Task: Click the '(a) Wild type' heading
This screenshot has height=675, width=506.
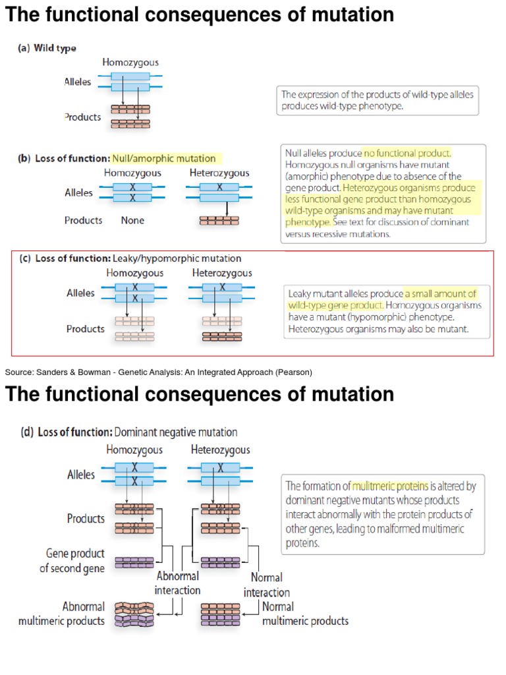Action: (47, 48)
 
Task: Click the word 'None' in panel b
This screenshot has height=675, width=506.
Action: (132, 221)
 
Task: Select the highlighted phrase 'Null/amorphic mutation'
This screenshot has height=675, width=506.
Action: (163, 158)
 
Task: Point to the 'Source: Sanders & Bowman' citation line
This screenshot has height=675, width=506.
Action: (158, 372)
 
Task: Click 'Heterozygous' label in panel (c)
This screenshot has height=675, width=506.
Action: (222, 273)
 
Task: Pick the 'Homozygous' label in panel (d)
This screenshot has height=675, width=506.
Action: (134, 450)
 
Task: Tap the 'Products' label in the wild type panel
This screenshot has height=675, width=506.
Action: (82, 117)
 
